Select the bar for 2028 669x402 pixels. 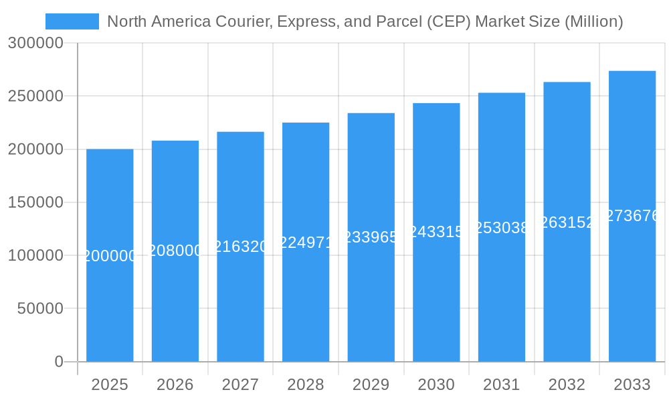[306, 301]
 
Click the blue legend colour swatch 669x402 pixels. [72, 21]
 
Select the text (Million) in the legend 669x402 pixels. [593, 21]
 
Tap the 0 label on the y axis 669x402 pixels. [59, 362]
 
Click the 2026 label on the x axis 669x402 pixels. [175, 385]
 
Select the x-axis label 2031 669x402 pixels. [502, 385]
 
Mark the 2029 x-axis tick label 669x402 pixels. [371, 385]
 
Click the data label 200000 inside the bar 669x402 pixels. [110, 256]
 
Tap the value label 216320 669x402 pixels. [240, 247]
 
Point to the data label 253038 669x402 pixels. [502, 228]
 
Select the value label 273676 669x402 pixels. [632, 216]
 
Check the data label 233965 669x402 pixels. [371, 237]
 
